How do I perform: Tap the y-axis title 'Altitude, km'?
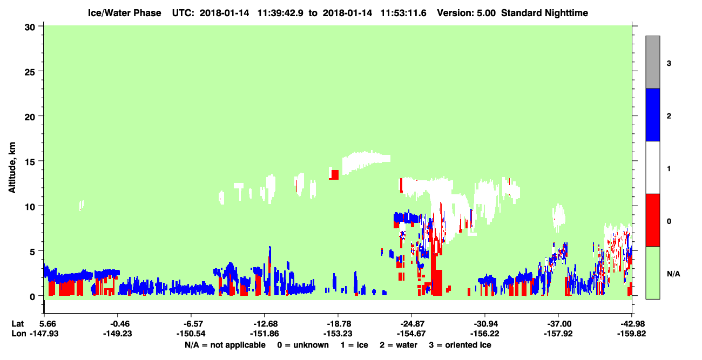coord(12,168)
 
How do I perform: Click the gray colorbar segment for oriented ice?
coord(652,62)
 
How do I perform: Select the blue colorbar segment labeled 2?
coord(652,114)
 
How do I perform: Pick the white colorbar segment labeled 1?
coord(652,167)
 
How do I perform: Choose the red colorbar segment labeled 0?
coord(652,220)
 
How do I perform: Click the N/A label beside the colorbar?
coord(673,274)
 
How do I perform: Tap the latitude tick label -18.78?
coord(339,324)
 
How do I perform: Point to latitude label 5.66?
coord(48,324)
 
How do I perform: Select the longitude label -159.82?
coord(631,334)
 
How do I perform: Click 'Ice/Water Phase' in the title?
coord(124,13)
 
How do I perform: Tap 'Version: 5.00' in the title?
coord(467,13)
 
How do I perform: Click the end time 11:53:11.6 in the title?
coord(403,13)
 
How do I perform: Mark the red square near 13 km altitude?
coord(335,174)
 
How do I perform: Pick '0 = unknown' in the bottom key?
coord(303,345)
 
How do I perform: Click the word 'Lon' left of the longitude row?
coord(19,334)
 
